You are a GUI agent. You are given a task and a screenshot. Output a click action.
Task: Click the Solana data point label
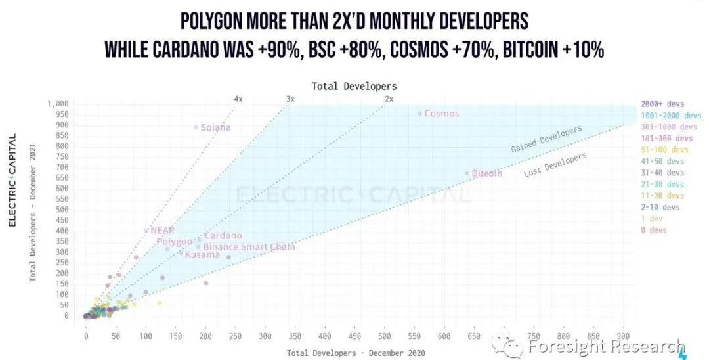[x=216, y=127]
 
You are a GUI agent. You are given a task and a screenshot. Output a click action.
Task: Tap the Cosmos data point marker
[x=420, y=113]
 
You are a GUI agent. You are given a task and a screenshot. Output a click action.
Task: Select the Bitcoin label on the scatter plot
[x=487, y=173]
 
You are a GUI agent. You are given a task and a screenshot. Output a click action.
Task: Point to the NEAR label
[x=162, y=231]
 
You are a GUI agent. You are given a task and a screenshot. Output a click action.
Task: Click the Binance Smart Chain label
[x=249, y=247]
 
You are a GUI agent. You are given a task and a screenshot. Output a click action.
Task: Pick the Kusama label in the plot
[x=202, y=255]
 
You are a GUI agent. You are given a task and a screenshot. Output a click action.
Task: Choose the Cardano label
[x=223, y=236]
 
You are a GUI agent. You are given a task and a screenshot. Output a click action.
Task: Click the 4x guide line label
[x=238, y=99]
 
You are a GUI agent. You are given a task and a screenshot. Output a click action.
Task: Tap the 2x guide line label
[x=389, y=99]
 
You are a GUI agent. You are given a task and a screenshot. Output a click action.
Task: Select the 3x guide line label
[x=290, y=99]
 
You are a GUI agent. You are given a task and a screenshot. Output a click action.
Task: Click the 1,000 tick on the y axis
[x=57, y=104]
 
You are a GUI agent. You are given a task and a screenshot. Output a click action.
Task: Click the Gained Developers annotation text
[x=546, y=139]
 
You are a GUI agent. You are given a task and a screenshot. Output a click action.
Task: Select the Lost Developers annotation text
[x=555, y=164]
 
